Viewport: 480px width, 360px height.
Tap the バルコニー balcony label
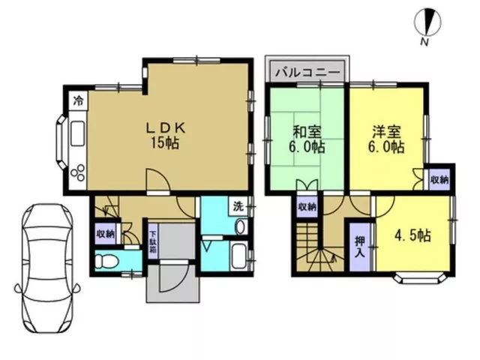(308, 73)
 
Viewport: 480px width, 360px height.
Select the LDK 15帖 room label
(165, 136)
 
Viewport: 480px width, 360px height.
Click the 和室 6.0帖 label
(307, 140)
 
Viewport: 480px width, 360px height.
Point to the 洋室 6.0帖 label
(387, 140)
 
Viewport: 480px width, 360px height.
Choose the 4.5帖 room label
(412, 235)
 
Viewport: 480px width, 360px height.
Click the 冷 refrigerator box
(79, 100)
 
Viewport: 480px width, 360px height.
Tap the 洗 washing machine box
(238, 206)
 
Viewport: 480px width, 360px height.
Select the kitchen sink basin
(78, 133)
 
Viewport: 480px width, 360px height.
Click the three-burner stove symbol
(78, 172)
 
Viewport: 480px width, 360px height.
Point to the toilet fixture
(106, 262)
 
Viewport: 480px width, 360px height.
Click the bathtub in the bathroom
(239, 256)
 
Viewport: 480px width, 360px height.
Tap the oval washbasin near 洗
(240, 226)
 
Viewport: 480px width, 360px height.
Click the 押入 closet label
(360, 247)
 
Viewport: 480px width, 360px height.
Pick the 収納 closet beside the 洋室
(439, 180)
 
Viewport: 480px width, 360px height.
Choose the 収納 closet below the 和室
(307, 207)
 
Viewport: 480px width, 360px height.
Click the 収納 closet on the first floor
(106, 234)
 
